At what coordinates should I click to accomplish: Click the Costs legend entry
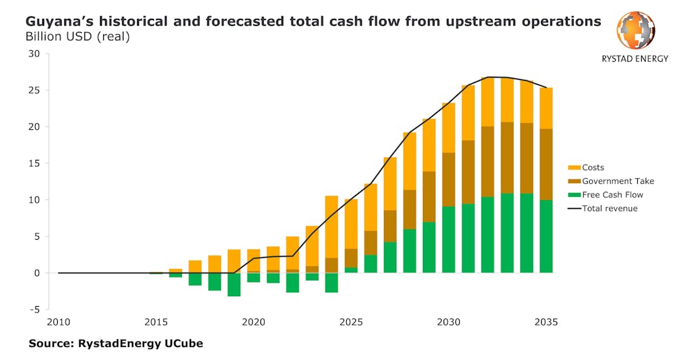point(593,168)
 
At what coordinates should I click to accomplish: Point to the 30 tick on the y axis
point(33,53)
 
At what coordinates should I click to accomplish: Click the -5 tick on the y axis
point(33,309)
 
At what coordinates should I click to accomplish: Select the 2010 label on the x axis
point(58,322)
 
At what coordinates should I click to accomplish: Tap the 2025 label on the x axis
point(351,322)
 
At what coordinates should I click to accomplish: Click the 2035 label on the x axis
point(546,322)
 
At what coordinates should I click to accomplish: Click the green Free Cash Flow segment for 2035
point(546,236)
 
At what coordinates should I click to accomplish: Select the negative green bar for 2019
point(234,285)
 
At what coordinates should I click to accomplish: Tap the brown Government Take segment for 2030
point(448,179)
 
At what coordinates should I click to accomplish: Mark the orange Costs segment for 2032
point(487,101)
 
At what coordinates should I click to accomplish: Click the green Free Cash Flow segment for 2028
point(409,251)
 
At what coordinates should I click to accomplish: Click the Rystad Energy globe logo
point(635,31)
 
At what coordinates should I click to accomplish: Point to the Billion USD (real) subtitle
point(77,36)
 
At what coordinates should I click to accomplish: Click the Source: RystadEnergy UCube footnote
point(116,343)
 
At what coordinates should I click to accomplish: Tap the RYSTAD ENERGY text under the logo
point(635,58)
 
